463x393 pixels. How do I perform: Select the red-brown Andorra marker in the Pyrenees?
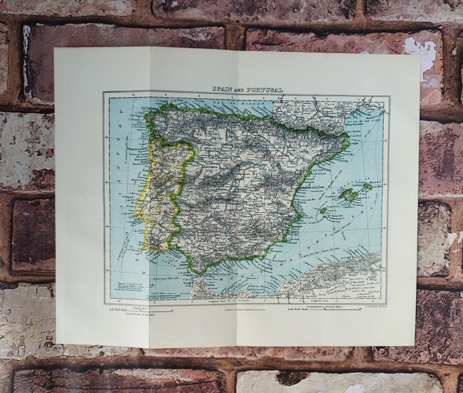click(322, 133)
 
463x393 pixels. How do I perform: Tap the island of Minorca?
click(367, 186)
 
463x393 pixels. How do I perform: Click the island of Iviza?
click(324, 211)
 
